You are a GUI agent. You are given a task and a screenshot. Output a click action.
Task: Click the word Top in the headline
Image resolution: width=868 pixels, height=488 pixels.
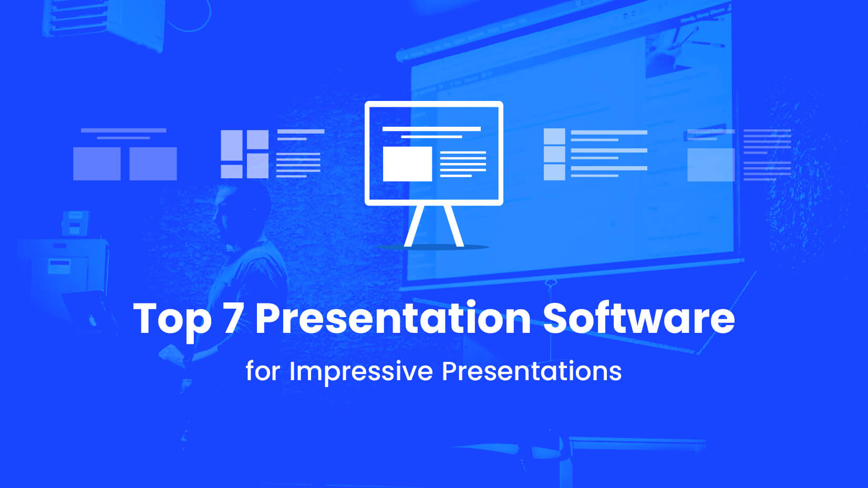tap(172, 319)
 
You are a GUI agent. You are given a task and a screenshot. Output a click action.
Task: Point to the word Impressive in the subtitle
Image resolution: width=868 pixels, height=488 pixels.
tap(361, 371)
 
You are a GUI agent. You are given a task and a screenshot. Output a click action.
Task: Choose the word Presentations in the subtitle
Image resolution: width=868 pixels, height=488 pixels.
tap(532, 371)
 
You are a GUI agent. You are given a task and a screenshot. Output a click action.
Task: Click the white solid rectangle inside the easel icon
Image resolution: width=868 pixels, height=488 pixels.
tap(407, 164)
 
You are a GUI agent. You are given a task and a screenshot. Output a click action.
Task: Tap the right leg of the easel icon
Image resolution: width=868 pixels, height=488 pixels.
tap(453, 226)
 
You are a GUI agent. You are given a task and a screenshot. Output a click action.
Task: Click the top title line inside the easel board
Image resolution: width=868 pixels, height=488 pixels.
tap(431, 128)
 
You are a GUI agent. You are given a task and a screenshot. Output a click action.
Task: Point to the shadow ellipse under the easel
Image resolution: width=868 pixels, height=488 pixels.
tap(433, 247)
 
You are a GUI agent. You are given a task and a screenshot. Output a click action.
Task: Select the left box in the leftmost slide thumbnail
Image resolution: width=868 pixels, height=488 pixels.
tap(97, 164)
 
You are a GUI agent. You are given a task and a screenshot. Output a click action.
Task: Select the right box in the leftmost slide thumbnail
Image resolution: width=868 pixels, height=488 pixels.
tap(153, 164)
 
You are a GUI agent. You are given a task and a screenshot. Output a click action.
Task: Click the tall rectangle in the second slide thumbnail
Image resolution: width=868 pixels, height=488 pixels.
tap(231, 145)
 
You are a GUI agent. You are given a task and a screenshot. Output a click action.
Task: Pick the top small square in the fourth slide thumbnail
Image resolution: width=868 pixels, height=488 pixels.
tap(554, 136)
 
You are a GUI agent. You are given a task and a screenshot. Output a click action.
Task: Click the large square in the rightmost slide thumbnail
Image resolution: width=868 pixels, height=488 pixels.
tap(711, 165)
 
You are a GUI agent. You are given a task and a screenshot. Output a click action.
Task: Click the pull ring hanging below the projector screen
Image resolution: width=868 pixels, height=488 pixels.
tap(551, 284)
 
